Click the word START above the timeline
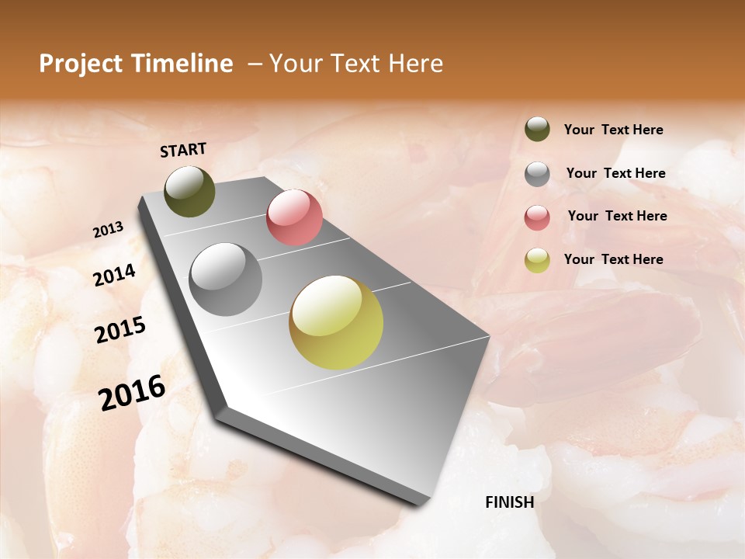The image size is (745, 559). [183, 150]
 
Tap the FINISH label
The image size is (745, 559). [509, 502]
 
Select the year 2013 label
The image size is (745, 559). [109, 230]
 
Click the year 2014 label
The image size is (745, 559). [114, 275]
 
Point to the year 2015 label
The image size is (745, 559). [120, 330]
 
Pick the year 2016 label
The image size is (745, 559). [132, 393]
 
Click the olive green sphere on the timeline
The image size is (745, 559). [190, 192]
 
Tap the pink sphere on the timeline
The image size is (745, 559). [294, 217]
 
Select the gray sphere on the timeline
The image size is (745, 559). [226, 279]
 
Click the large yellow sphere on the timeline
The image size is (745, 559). [336, 322]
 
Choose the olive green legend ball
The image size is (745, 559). [537, 129]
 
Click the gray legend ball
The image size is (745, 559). [537, 174]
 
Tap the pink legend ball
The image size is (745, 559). [537, 217]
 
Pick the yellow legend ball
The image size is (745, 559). [537, 260]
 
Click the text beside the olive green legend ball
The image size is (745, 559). [613, 130]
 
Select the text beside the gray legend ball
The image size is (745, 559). [615, 173]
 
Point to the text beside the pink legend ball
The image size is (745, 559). [617, 216]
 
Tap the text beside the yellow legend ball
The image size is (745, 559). [613, 259]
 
